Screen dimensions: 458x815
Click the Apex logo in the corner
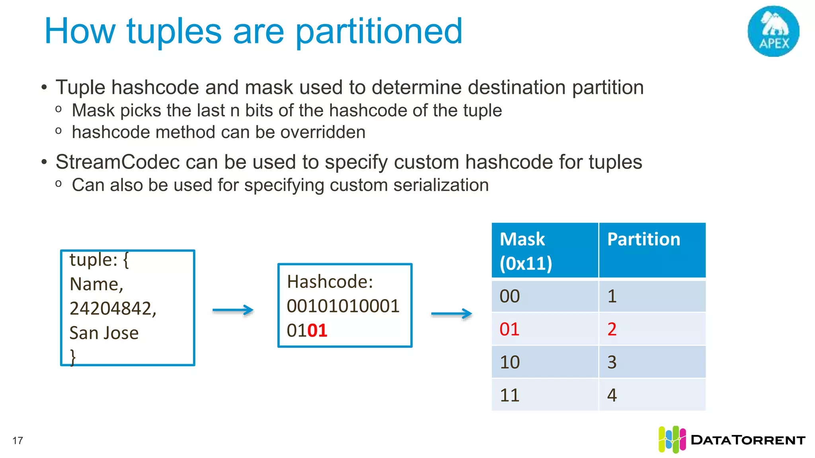tap(773, 31)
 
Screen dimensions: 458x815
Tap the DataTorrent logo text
tap(748, 440)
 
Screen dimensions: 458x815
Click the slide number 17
tap(18, 441)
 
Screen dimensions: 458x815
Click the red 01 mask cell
tap(510, 329)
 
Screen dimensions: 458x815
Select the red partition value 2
tap(612, 329)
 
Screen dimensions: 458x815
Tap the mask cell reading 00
tap(510, 296)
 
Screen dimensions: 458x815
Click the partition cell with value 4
tap(612, 395)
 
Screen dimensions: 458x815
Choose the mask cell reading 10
tap(510, 362)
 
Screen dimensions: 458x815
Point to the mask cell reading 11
tap(510, 395)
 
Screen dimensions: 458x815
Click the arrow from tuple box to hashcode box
tap(233, 310)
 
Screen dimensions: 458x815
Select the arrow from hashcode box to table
tap(452, 314)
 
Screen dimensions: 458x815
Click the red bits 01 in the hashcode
tap(317, 330)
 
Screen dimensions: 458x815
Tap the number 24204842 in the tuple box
tap(113, 309)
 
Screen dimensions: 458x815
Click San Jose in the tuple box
tap(104, 333)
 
